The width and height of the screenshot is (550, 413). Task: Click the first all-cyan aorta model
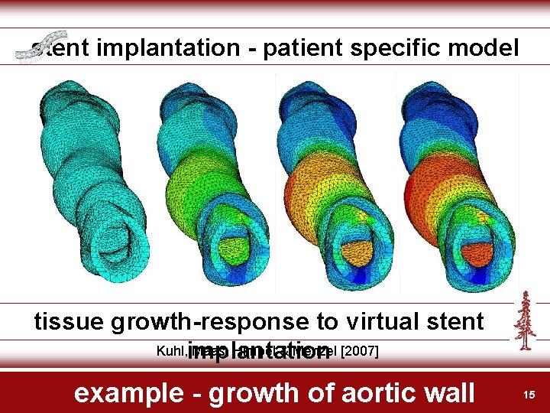point(92,176)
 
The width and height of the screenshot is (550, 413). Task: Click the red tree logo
point(524,321)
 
